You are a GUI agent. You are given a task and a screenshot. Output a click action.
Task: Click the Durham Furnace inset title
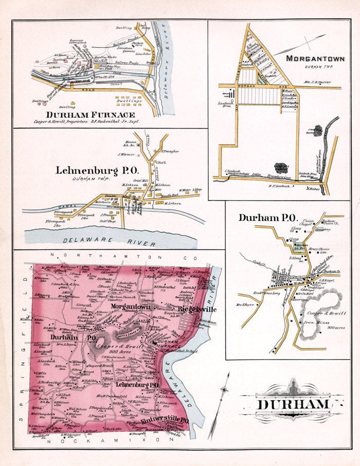click(x=93, y=115)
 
